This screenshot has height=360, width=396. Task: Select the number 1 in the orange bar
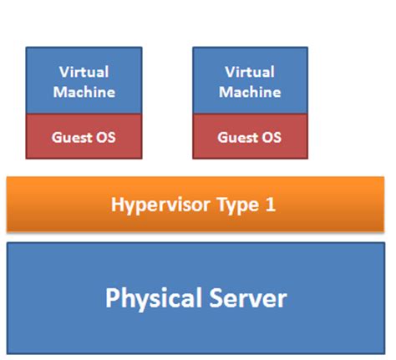pos(270,204)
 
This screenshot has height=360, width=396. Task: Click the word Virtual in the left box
pos(84,72)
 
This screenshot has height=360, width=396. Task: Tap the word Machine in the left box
pos(84,91)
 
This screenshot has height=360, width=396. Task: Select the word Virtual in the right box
pos(249,72)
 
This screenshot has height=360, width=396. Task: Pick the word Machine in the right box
pos(249,91)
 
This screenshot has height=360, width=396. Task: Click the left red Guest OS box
pos(84,136)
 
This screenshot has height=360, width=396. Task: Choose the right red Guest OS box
pos(249,136)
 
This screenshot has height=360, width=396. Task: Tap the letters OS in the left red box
pos(106,136)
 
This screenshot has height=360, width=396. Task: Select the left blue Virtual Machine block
pos(84,81)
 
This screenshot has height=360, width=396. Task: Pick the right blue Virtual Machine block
pos(249,81)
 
